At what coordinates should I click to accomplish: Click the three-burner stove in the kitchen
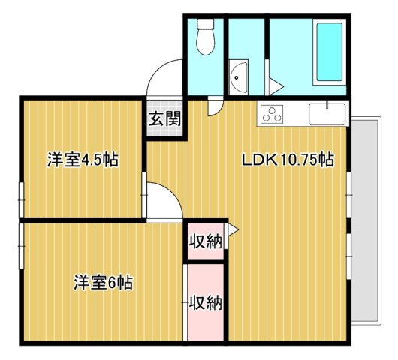point(271,115)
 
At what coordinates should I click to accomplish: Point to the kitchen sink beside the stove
point(327,114)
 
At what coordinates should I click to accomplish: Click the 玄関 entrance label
point(164,118)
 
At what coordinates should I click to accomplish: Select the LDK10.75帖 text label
point(287,160)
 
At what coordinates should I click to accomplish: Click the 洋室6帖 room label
point(103,283)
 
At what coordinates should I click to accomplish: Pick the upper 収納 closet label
point(205,241)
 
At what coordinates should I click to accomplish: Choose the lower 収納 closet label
point(205,302)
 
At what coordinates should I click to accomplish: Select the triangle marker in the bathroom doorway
point(274,85)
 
